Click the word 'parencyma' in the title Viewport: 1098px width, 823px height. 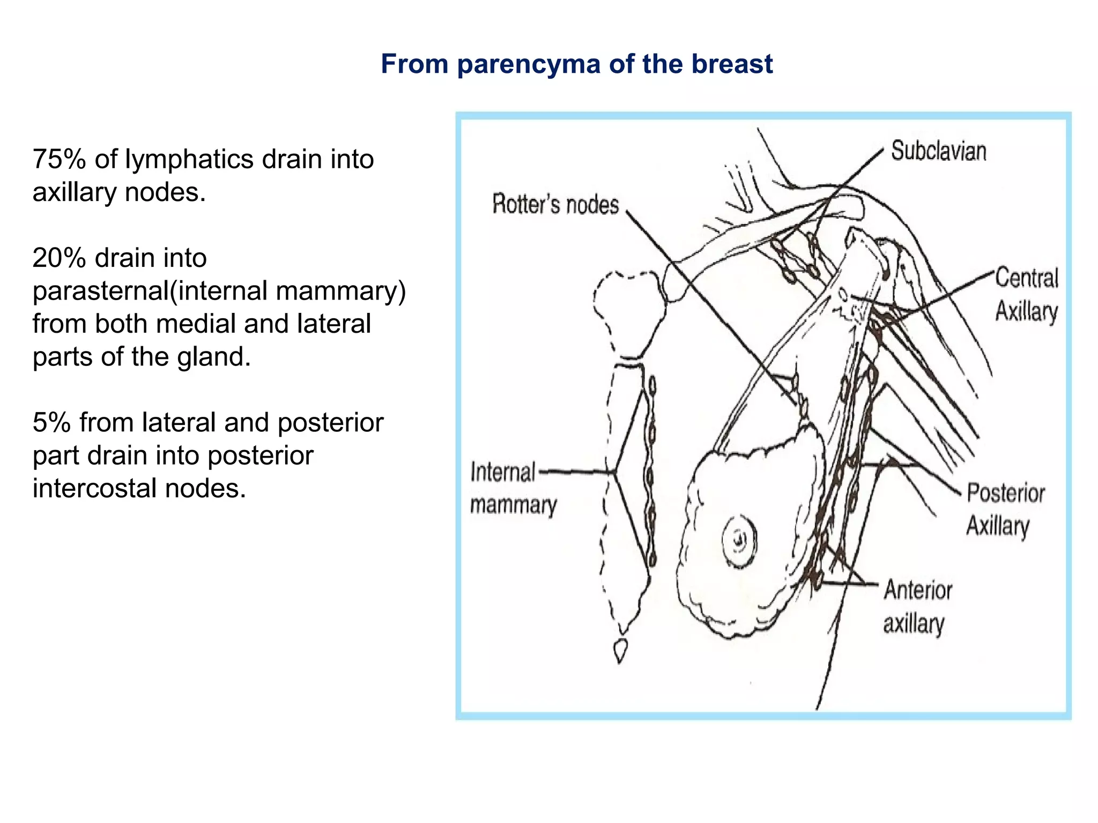pos(529,64)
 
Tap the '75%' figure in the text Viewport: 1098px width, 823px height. pos(59,159)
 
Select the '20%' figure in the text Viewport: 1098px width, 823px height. pos(59,258)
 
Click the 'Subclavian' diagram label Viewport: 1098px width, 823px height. pos(938,151)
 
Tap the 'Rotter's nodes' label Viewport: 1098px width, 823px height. pos(555,205)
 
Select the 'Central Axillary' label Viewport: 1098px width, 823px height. pos(1026,295)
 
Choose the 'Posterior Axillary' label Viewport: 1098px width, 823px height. pos(1005,509)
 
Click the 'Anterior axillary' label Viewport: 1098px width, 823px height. pos(917,607)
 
